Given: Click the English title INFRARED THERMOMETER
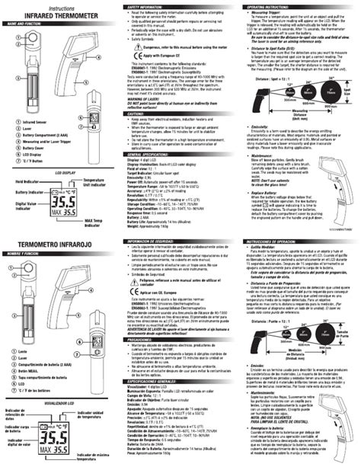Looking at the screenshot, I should tap(44, 14).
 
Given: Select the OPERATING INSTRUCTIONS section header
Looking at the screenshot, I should tap(263, 5).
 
